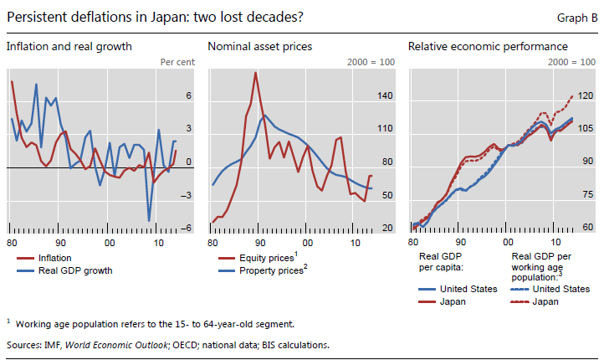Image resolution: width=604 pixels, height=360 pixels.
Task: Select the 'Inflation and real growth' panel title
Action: pyautogui.click(x=69, y=46)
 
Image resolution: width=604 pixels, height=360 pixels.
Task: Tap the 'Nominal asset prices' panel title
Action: pyautogui.click(x=259, y=46)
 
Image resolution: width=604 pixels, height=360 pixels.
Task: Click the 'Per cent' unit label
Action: pyautogui.click(x=177, y=62)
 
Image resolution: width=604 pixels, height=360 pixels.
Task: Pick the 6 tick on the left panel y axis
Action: pyautogui.click(x=189, y=96)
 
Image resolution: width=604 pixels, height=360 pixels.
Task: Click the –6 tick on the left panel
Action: pyautogui.click(x=187, y=228)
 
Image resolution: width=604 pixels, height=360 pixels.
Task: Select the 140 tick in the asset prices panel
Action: pyautogui.click(x=385, y=96)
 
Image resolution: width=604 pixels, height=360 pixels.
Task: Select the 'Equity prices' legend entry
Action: pyautogui.click(x=268, y=259)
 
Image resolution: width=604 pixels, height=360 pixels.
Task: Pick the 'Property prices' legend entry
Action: pyautogui.click(x=272, y=270)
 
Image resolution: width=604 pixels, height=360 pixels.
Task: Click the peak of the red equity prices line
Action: pyautogui.click(x=254, y=73)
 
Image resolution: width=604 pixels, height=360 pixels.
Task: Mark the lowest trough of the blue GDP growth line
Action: pyautogui.click(x=150, y=221)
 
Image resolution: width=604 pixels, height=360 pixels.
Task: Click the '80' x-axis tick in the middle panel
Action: pyautogui.click(x=212, y=242)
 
